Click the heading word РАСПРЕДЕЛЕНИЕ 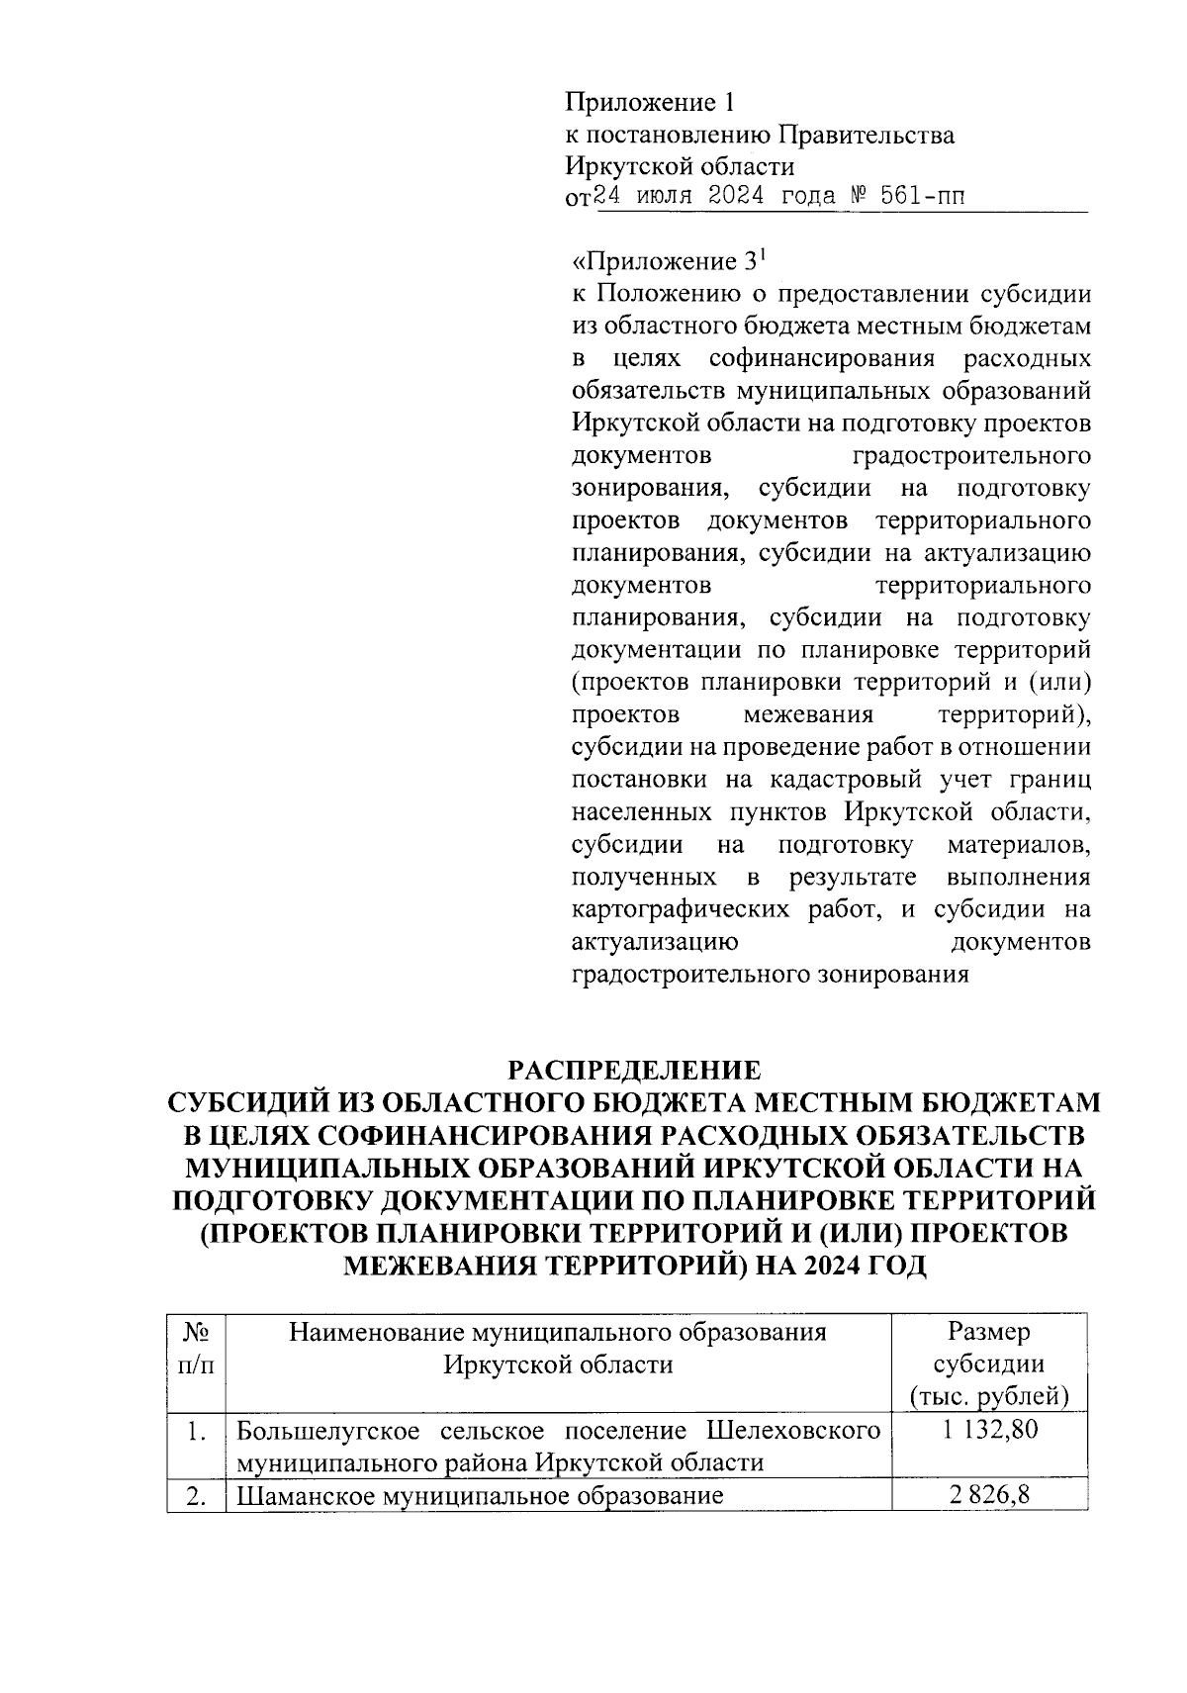(x=634, y=1071)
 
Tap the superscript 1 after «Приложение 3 (x=762, y=256)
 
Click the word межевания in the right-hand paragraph (x=808, y=714)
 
